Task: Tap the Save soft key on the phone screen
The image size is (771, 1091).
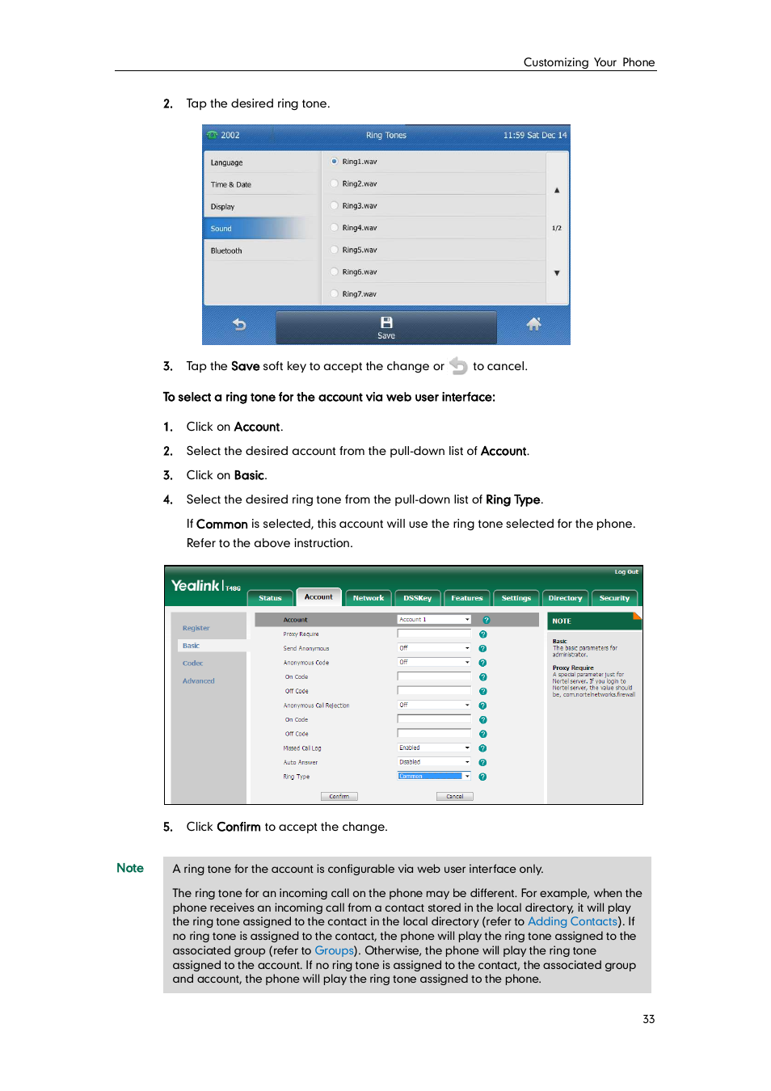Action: point(386,327)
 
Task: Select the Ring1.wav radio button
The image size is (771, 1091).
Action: point(335,162)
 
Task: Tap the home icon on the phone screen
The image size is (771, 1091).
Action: point(533,325)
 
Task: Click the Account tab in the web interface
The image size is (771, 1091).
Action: point(318,597)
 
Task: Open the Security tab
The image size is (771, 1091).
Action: point(614,598)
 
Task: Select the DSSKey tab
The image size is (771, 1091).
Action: point(417,598)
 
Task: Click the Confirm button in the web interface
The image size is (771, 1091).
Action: point(339,796)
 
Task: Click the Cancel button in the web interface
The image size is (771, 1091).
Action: point(455,796)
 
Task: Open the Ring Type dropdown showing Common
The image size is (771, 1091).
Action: point(434,776)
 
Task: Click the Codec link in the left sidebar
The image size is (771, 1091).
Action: point(193,663)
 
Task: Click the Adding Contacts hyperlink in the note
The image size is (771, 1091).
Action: point(572,921)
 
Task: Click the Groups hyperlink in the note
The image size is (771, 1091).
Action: point(334,950)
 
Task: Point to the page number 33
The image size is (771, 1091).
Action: point(648,1019)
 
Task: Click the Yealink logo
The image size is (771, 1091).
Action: point(196,586)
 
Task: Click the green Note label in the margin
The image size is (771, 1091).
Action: point(130,868)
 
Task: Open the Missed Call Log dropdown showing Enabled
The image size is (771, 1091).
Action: point(434,748)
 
